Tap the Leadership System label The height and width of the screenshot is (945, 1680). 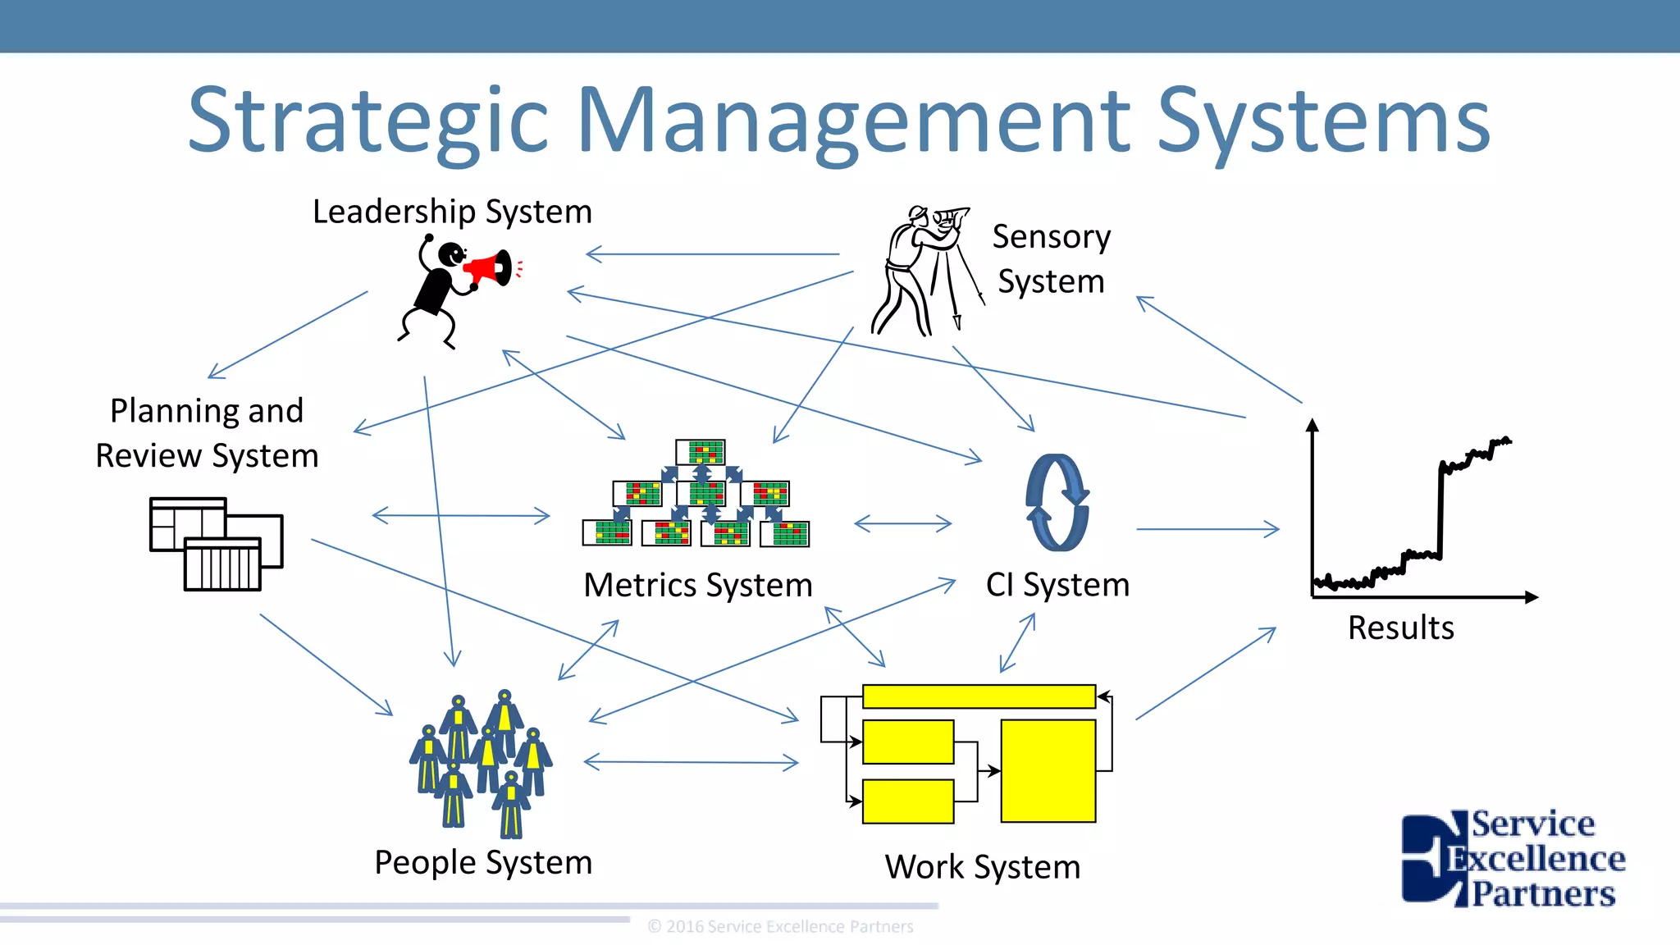(x=452, y=212)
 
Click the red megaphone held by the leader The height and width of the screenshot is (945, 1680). (x=491, y=269)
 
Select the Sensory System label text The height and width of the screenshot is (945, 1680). (x=1051, y=258)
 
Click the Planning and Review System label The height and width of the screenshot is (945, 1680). (x=207, y=433)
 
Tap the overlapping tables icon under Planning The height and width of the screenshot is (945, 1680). (x=216, y=543)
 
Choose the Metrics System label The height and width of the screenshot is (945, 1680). (x=697, y=586)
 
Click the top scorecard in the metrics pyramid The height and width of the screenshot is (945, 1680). (x=701, y=452)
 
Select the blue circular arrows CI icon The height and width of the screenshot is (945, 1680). (x=1057, y=502)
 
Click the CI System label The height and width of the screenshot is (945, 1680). (x=1057, y=585)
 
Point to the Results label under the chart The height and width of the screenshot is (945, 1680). (x=1400, y=628)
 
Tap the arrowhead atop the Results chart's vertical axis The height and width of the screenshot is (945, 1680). (x=1312, y=424)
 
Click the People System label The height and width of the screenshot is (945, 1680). (x=483, y=863)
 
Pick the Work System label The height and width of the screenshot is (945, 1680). (x=983, y=867)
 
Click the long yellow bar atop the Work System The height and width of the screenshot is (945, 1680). (x=979, y=696)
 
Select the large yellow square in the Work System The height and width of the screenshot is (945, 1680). (x=1048, y=771)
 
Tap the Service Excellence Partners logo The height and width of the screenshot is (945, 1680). (x=1513, y=858)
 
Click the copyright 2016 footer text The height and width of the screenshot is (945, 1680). (x=780, y=927)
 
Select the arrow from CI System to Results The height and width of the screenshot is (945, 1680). (x=1207, y=530)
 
